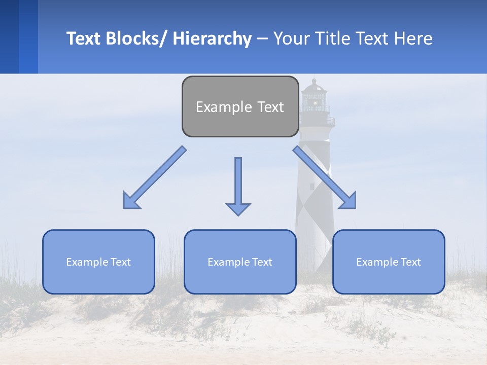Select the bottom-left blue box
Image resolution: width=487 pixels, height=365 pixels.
coord(98,262)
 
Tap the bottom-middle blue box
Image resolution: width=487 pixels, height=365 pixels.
coord(240,262)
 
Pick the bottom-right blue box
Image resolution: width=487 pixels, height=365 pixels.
coord(389,262)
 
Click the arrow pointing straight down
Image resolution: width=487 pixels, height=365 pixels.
coord(238,186)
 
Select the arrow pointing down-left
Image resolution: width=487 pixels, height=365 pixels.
coord(155,177)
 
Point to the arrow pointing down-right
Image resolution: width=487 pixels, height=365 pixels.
coord(325,177)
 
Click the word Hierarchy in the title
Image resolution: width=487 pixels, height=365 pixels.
coord(212,39)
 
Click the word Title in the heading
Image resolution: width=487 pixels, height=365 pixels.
coord(332,39)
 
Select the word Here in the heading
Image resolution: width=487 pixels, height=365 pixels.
coord(413,39)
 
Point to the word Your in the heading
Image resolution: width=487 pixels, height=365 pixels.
coord(291,39)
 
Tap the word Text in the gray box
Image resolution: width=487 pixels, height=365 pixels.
coord(270,107)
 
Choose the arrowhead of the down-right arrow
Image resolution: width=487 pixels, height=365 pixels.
coord(349,201)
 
